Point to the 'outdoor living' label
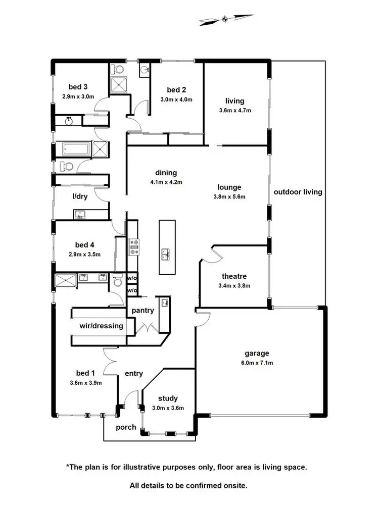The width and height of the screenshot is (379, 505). click(x=298, y=192)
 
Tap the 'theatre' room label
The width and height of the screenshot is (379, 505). click(x=234, y=276)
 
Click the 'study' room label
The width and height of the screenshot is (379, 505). click(x=168, y=398)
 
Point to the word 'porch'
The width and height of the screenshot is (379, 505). click(x=126, y=427)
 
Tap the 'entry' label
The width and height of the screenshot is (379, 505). click(x=134, y=374)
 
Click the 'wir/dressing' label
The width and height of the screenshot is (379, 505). click(x=101, y=326)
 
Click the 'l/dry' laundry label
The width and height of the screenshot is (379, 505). click(x=80, y=196)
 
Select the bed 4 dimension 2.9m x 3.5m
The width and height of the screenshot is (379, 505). click(x=84, y=255)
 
